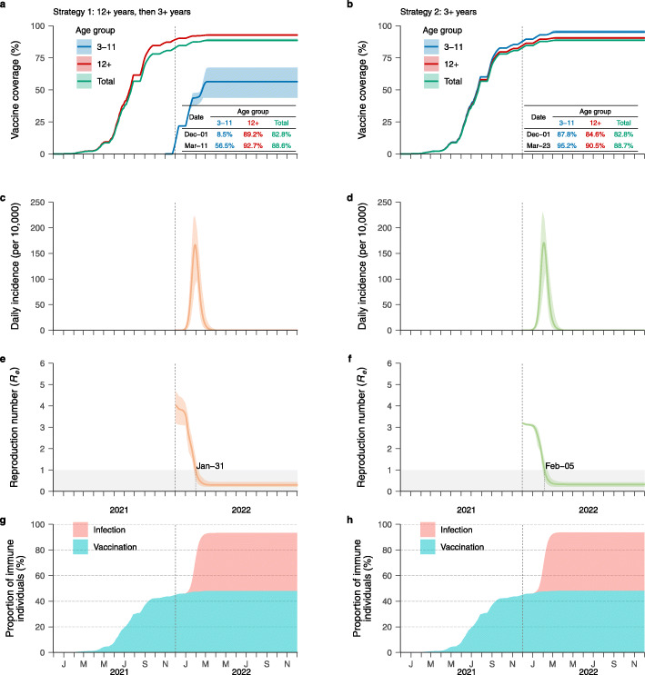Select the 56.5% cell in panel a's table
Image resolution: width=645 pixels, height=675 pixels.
(222, 145)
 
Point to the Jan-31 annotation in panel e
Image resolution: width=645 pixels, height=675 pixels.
(211, 467)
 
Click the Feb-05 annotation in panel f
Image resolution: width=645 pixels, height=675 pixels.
(559, 467)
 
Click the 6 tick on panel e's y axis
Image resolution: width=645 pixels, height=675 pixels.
(49, 363)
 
